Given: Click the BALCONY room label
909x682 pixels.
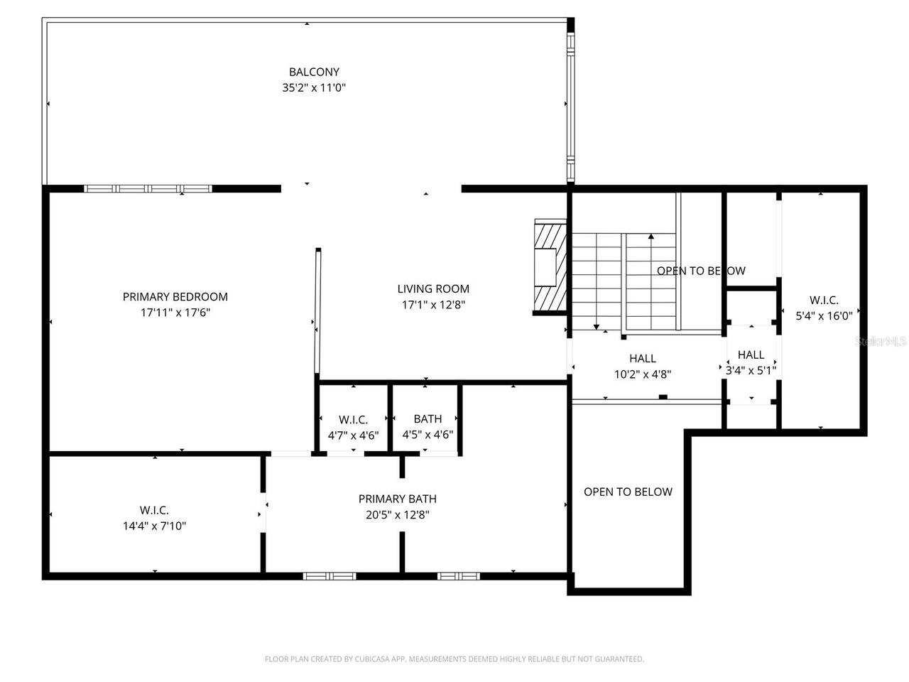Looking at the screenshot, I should coord(314,72).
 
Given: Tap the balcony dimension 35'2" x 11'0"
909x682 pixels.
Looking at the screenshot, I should coord(314,88).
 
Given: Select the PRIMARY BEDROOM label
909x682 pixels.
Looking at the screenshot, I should coord(175,297).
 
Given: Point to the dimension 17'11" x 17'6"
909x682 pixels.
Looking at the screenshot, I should coord(175,313).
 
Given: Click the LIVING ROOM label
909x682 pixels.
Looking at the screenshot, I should coord(433,288).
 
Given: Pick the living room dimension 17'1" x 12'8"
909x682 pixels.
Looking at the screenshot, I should coord(433,305).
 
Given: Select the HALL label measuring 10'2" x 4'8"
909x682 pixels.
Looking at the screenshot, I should coord(643,359).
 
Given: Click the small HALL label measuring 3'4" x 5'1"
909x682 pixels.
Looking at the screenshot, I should coord(751,355).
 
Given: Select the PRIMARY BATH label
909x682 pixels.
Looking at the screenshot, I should coord(398,499).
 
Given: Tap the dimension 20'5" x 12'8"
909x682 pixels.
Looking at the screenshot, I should coord(398,515).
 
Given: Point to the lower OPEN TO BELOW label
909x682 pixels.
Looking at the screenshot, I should coord(628,492).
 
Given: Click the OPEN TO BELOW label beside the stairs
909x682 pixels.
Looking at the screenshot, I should coord(701,271).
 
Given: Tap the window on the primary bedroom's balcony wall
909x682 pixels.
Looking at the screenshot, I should coord(148,189).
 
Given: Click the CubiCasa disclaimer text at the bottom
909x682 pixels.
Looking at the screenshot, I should coord(454,659).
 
